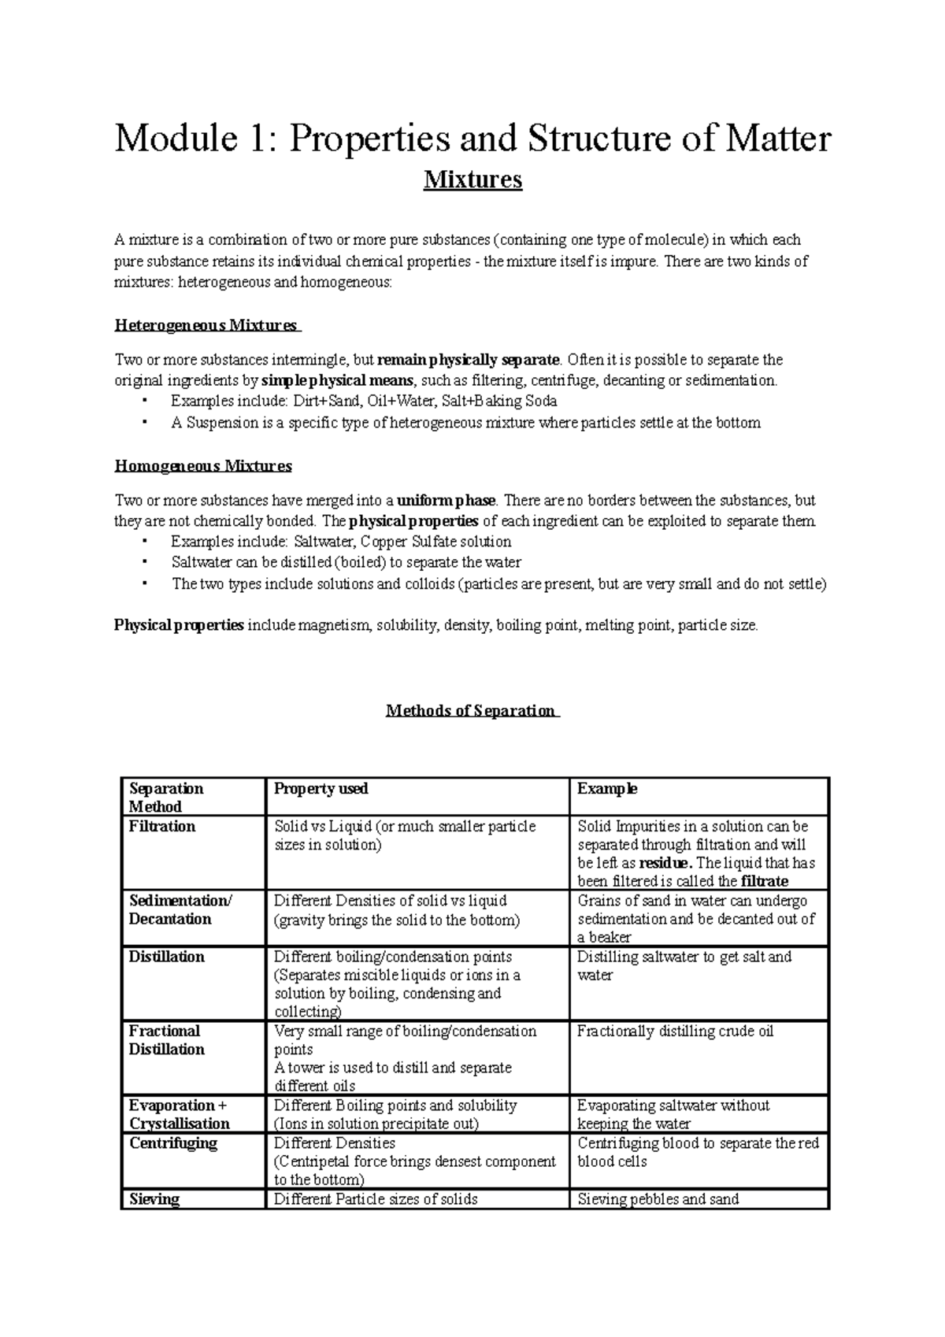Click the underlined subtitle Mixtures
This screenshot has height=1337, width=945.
coord(472,180)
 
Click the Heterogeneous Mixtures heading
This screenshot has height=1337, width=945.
coord(206,325)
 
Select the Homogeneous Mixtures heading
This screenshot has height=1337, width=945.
coord(203,466)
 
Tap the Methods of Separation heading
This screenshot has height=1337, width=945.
coord(471,711)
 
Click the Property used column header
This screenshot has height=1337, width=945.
coord(321,789)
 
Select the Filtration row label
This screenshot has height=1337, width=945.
coord(162,827)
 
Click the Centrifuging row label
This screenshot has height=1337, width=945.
coord(173,1143)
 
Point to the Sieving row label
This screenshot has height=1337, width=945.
coord(154,1199)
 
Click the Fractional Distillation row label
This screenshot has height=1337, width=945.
coord(166,1040)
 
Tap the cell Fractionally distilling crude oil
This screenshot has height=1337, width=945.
coord(675,1031)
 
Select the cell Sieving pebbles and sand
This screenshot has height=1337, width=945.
coord(658,1200)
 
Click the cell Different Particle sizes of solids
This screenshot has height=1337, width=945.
coord(376,1200)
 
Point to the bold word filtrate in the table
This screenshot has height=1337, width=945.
coord(765,882)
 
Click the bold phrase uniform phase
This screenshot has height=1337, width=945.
coord(447,501)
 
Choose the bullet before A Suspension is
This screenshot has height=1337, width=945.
coord(145,422)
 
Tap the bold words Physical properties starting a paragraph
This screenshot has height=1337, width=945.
coord(179,626)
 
